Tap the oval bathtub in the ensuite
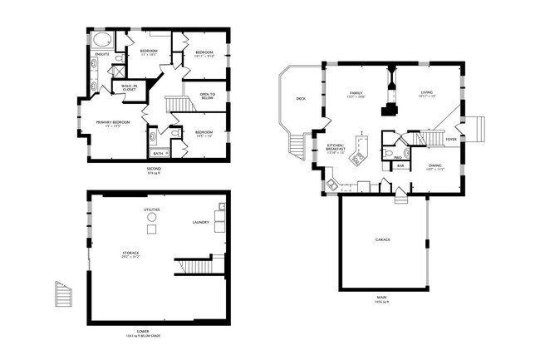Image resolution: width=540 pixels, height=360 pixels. (x=101, y=40)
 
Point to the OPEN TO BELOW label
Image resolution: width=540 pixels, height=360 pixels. (x=207, y=96)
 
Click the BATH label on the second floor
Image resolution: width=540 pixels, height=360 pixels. (x=159, y=153)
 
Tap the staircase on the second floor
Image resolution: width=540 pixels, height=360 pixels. (x=176, y=106)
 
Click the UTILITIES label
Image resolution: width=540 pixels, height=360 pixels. (x=151, y=210)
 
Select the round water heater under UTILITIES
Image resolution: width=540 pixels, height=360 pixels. (x=151, y=228)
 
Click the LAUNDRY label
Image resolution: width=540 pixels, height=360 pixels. (x=200, y=222)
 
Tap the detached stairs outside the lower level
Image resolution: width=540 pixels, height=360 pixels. (x=63, y=294)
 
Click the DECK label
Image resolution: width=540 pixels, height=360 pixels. (x=301, y=99)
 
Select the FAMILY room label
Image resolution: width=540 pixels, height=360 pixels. (x=356, y=93)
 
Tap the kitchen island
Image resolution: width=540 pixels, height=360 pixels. (x=361, y=154)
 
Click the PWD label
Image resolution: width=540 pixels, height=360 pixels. (x=398, y=157)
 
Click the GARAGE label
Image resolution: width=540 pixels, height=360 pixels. (x=383, y=239)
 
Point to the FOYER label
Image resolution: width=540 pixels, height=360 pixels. (x=450, y=140)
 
